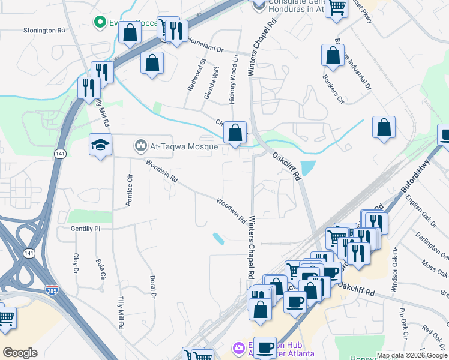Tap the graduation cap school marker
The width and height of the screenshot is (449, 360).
(x=100, y=144)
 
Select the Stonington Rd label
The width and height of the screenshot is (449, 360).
(x=44, y=30)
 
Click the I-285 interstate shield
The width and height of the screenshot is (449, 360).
(x=52, y=290)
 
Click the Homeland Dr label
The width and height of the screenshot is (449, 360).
(x=205, y=46)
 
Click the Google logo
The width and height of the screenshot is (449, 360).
(x=20, y=352)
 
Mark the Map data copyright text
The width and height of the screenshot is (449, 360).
(x=412, y=355)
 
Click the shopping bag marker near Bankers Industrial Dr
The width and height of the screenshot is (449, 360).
(x=332, y=55)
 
